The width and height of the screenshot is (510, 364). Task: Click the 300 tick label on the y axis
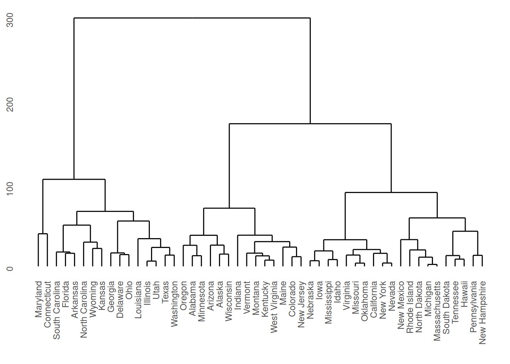pos(10,20)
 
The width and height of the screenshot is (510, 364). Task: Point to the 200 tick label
pos(10,104)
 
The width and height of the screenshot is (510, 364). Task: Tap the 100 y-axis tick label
pos(10,188)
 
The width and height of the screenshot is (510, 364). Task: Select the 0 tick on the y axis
pos(10,268)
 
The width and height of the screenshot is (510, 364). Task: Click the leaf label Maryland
pos(38,299)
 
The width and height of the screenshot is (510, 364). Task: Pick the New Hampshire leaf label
pos(482,312)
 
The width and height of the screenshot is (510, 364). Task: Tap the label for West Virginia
pos(274,307)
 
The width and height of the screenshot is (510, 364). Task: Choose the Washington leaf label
pos(174,303)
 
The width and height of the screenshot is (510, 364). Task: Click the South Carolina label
pos(57,310)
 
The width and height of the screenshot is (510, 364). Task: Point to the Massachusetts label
pos(437,311)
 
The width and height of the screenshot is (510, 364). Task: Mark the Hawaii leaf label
pos(464,293)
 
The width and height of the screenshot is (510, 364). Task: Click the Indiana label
pos(238,295)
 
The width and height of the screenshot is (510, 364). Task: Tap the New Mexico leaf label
pos(401,305)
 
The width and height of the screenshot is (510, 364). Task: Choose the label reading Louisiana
pos(138,299)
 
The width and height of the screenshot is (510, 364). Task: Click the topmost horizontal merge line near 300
pos(192,18)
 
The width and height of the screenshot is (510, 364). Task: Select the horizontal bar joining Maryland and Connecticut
pos(43,234)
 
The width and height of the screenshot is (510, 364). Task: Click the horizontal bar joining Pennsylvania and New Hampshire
pos(478,256)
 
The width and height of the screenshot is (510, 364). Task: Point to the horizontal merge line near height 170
pos(310,124)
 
